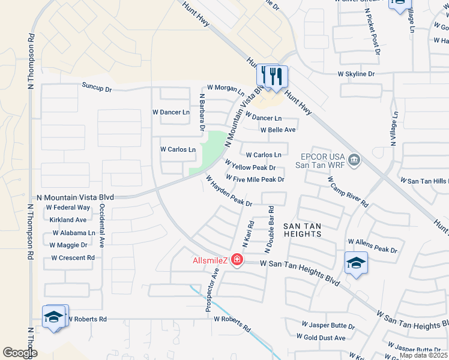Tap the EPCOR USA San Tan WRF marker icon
point(354,159)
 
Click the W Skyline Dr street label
point(356,74)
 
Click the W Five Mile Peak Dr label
point(255,179)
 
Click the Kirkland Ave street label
point(68,220)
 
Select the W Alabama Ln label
point(74,233)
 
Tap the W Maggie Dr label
point(68,245)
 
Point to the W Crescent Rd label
point(73,258)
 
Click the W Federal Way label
point(68,208)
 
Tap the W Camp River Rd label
point(348,191)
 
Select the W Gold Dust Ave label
point(324,338)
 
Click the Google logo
point(20,353)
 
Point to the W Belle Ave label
point(278,130)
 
